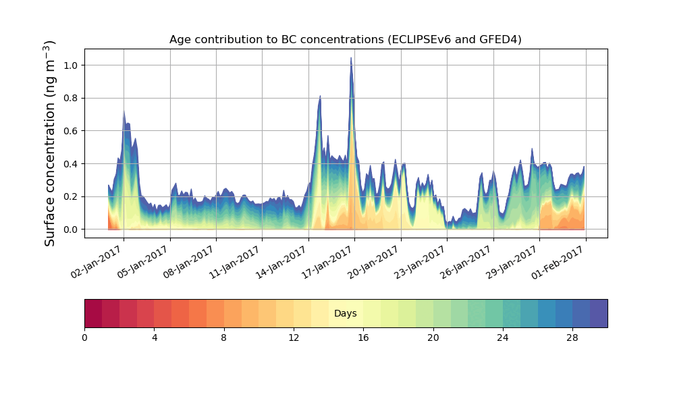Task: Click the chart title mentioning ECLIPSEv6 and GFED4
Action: [x=345, y=40]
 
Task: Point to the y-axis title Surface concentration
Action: [x=50, y=143]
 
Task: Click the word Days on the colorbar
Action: [x=345, y=314]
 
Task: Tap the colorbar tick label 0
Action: [x=84, y=337]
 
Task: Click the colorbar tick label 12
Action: [x=294, y=337]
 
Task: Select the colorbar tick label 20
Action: [x=433, y=337]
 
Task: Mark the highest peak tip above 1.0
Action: [x=351, y=58]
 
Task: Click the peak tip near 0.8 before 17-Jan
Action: [x=320, y=96]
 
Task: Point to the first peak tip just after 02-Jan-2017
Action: [x=124, y=110]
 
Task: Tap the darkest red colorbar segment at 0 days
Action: [x=93, y=313]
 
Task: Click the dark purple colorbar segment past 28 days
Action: [x=598, y=313]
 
